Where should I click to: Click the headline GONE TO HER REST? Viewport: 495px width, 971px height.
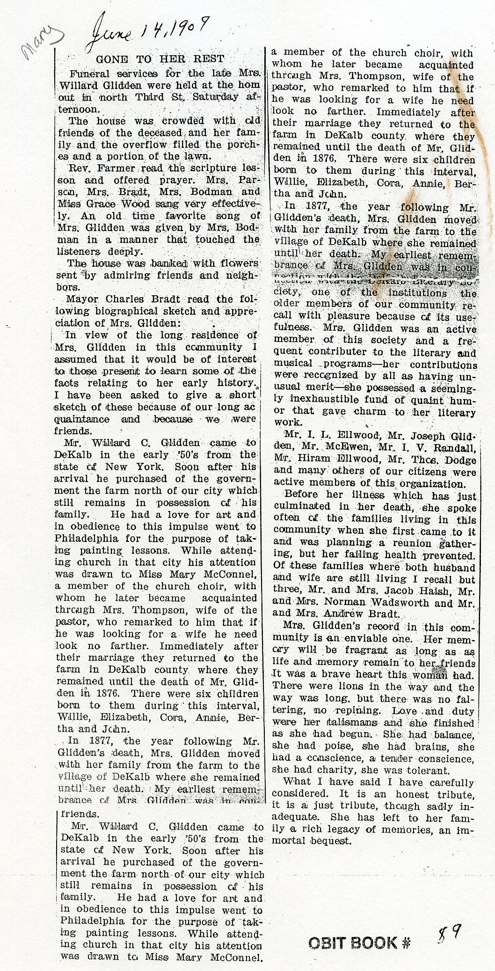(160, 59)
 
